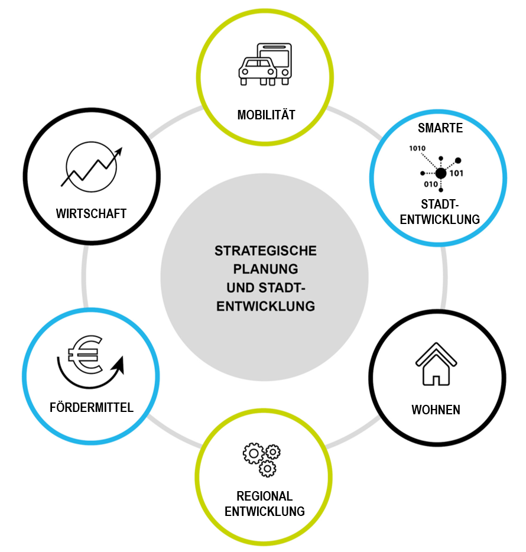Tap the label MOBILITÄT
click(266, 115)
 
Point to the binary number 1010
click(417, 148)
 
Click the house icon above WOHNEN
click(436, 364)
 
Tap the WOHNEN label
click(436, 410)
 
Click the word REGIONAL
click(265, 496)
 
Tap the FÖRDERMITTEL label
click(92, 407)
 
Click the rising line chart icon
click(92, 167)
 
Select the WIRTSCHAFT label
click(92, 213)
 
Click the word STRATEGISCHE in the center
click(265, 251)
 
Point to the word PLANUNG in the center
click(265, 269)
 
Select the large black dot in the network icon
click(440, 173)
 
